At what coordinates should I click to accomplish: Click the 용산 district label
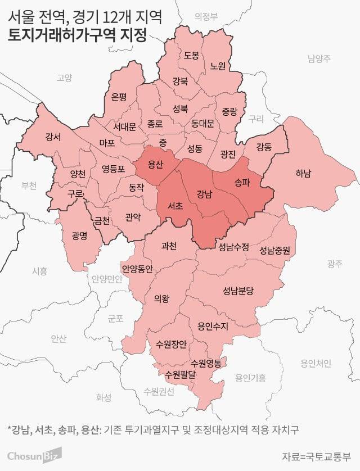(155, 165)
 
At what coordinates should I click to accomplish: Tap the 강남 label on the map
(204, 194)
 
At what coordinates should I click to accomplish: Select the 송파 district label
(241, 181)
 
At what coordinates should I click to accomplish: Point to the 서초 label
(175, 206)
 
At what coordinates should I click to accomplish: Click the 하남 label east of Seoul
(303, 173)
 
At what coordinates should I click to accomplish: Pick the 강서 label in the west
(53, 137)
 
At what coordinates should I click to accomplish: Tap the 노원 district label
(217, 66)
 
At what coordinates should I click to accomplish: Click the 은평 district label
(119, 97)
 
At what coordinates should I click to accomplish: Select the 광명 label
(79, 235)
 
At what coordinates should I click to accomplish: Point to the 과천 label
(169, 246)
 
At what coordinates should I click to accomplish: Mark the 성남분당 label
(238, 291)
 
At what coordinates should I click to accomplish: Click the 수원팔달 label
(179, 373)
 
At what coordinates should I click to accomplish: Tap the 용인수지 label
(209, 324)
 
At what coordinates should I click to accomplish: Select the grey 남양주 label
(319, 58)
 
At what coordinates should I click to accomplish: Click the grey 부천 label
(28, 185)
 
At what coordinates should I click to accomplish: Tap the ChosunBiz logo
(34, 454)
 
